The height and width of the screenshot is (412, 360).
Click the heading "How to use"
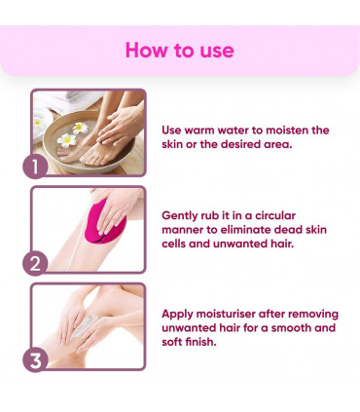[179, 50]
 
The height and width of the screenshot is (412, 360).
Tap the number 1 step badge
[36, 166]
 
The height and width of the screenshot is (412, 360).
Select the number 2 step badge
[36, 262]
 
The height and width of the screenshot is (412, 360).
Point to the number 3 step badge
[36, 358]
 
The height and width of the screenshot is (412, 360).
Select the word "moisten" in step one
[284, 130]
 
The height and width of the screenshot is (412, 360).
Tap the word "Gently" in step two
[183, 211]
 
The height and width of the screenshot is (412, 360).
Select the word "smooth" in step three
[288, 328]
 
